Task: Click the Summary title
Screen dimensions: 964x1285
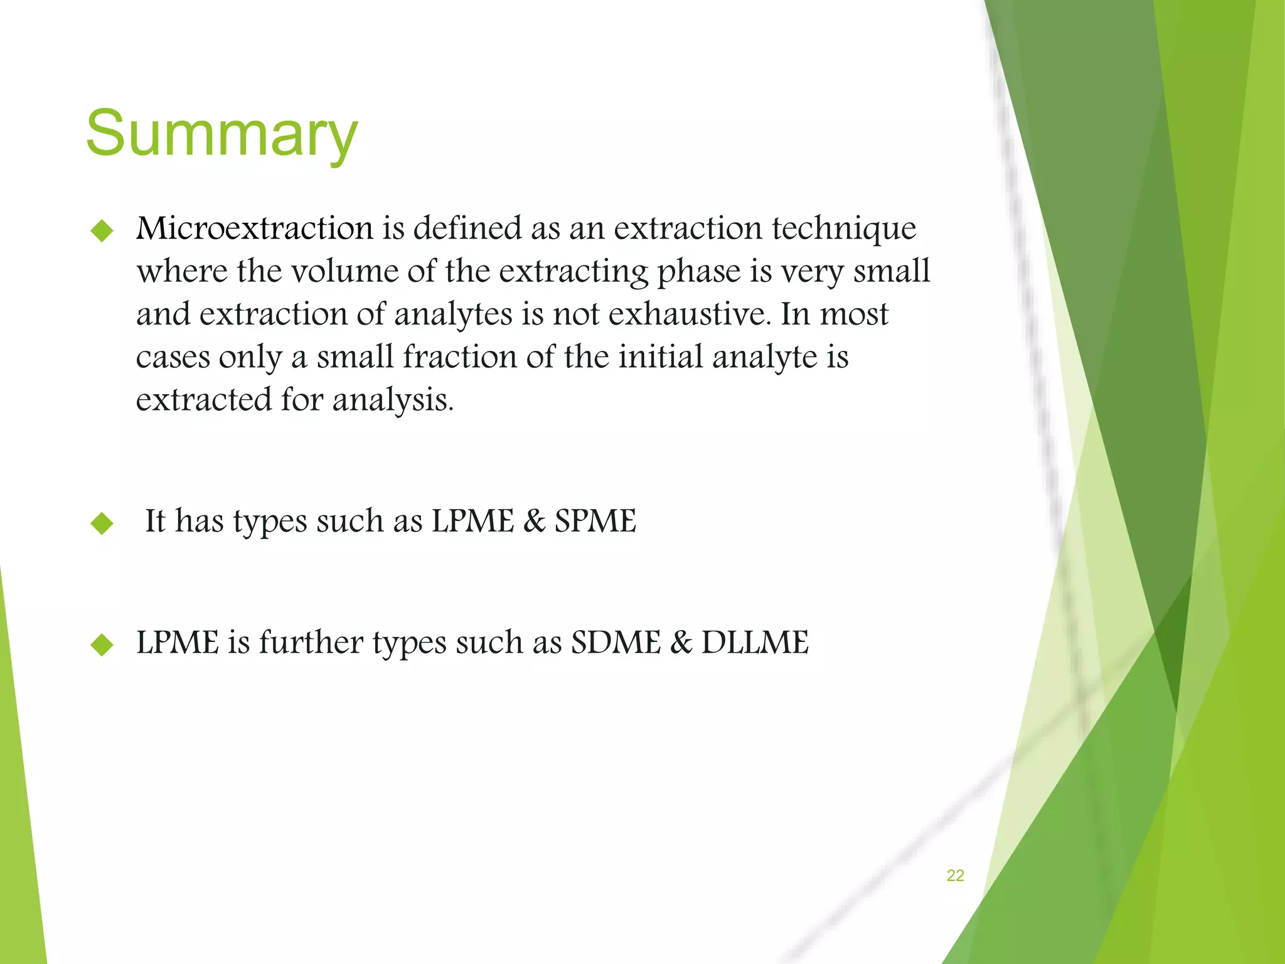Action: tap(221, 134)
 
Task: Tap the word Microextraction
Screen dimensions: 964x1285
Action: tap(255, 228)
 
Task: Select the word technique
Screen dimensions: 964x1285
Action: tap(843, 229)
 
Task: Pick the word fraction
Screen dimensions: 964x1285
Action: tap(460, 356)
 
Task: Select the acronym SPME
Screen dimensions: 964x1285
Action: tap(595, 521)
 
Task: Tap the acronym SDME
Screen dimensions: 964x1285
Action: tap(616, 642)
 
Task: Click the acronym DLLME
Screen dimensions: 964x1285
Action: tap(755, 642)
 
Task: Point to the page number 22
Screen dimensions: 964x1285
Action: tap(955, 876)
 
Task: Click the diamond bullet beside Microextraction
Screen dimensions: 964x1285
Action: tap(102, 231)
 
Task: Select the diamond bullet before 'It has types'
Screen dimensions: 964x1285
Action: tap(102, 523)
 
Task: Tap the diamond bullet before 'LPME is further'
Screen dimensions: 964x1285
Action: tap(102, 645)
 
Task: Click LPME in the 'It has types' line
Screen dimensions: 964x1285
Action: tap(472, 521)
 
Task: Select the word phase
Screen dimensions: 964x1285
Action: tap(695, 272)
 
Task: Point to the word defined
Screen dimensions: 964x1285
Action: tap(467, 228)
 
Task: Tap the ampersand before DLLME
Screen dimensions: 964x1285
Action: tap(681, 642)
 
